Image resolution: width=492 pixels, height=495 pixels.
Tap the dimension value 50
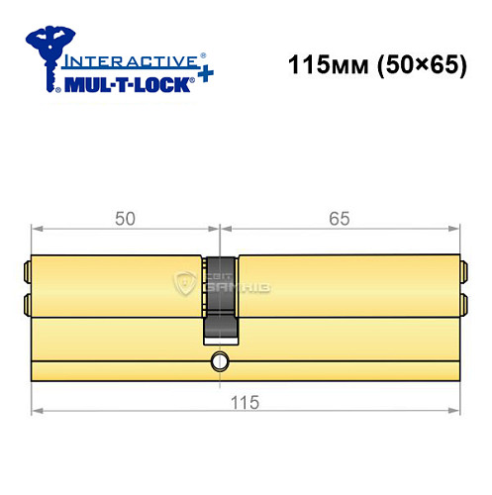click(124, 218)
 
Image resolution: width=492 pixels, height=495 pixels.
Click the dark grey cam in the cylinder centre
click(221, 292)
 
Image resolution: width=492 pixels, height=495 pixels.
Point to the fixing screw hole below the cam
click(220, 362)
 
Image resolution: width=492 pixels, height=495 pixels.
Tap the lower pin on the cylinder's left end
click(28, 302)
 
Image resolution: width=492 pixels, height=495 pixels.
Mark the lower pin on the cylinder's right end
click(460, 302)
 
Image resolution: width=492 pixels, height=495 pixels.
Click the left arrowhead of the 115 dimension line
click(37, 408)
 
